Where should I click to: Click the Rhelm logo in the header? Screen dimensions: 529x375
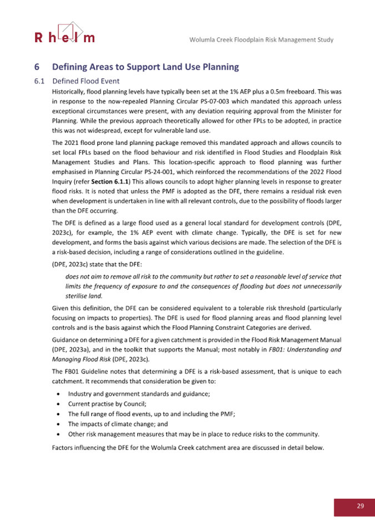[x=64, y=33]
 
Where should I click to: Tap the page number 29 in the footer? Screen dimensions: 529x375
[x=360, y=506]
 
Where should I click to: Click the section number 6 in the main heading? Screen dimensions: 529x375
[x=37, y=67]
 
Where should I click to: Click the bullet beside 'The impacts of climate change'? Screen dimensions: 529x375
[x=59, y=424]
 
